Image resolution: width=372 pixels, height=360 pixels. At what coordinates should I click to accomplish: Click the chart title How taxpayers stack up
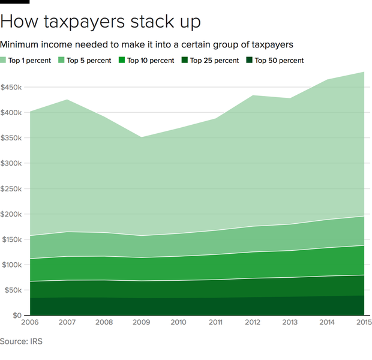(100, 22)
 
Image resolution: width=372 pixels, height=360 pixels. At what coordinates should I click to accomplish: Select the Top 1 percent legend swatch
(4, 61)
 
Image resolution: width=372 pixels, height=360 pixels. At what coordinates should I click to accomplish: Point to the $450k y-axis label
(12, 88)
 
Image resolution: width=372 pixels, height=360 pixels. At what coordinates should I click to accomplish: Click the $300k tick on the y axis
(12, 164)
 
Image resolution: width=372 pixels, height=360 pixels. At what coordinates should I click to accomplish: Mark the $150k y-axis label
(12, 240)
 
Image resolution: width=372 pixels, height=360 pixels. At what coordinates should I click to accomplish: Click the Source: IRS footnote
(22, 341)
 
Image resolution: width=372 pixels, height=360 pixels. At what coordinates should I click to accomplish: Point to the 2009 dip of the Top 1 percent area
(142, 137)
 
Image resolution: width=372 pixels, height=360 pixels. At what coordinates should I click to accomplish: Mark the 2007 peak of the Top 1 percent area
(67, 100)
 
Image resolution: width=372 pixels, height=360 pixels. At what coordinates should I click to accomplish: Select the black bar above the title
(14, 2)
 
